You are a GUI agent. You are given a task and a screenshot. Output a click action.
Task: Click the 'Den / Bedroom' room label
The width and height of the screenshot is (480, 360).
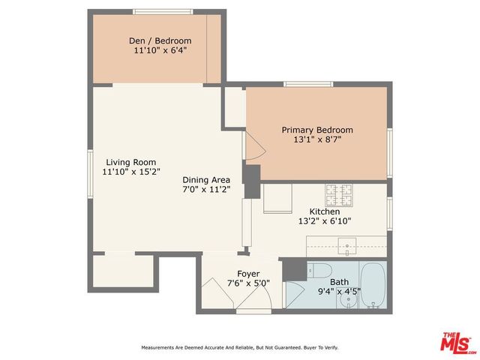click(x=159, y=40)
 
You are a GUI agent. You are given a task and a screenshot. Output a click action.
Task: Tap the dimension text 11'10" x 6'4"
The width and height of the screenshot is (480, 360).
click(x=159, y=51)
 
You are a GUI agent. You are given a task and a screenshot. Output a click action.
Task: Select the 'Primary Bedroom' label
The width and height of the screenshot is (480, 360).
click(x=317, y=130)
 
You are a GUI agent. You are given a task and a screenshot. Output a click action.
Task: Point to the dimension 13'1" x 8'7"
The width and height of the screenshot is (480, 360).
click(x=317, y=140)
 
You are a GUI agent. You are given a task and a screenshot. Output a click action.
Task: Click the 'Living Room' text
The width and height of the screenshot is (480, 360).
click(x=130, y=162)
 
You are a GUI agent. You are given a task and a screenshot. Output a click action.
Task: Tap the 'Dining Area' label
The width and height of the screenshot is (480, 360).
click(x=206, y=180)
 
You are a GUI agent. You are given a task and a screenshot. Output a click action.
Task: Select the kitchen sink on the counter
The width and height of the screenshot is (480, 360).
click(x=347, y=245)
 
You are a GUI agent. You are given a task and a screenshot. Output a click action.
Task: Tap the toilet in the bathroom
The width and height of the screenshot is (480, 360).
click(x=319, y=271)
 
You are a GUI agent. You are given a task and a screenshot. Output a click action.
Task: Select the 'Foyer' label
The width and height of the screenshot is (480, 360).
click(x=248, y=274)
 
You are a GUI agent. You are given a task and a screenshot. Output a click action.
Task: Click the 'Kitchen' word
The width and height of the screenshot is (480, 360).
click(x=325, y=211)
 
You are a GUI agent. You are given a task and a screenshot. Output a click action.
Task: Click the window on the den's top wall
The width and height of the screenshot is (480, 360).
click(x=158, y=11)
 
